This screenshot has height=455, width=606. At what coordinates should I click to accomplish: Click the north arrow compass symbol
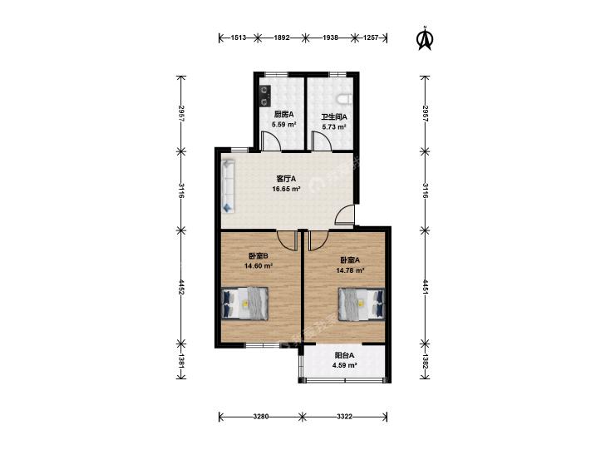tap(425, 38)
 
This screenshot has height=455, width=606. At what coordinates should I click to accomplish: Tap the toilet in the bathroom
tap(345, 100)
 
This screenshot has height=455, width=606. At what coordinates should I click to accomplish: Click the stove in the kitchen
tap(265, 96)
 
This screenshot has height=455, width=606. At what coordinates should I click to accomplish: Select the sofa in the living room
tap(228, 186)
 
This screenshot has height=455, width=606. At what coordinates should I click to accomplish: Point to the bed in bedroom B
tap(245, 303)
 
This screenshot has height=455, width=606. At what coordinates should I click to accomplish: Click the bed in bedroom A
tap(362, 304)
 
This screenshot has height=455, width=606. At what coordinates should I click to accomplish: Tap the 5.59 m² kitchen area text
tap(283, 125)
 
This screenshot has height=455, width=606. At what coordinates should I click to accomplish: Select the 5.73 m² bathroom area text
tap(334, 126)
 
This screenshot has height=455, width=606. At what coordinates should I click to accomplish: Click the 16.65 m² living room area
tap(287, 189)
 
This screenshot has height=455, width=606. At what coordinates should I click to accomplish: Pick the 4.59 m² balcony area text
tap(344, 365)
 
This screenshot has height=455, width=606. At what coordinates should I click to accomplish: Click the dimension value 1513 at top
tap(239, 38)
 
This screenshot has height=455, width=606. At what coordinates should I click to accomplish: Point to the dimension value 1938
tap(331, 38)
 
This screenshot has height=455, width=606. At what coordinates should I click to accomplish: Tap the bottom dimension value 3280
tap(261, 417)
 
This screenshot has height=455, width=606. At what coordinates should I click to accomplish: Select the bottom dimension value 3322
tap(344, 417)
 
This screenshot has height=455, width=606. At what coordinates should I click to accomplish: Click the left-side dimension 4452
tap(181, 287)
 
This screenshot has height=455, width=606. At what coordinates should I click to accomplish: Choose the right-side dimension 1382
tap(425, 361)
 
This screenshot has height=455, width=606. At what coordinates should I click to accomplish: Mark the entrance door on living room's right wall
tap(345, 215)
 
